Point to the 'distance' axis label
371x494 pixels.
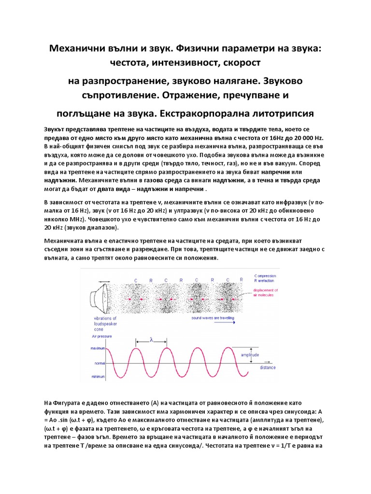click(x=268, y=368)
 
